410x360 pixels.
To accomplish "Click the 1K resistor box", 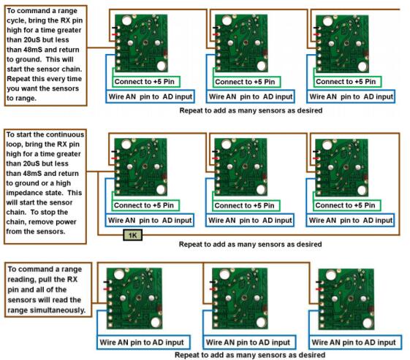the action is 132,235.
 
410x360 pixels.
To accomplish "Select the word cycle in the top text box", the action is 16,20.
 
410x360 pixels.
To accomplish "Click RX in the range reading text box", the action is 72,280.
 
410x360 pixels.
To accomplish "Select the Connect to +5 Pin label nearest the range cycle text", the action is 146,82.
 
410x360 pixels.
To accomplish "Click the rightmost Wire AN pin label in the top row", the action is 351,96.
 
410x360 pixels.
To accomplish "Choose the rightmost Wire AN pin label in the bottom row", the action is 355,342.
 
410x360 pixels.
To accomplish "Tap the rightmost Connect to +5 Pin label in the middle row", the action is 346,205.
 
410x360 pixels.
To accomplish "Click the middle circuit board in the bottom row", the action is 240,299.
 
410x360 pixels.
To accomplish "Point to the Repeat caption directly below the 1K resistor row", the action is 250,245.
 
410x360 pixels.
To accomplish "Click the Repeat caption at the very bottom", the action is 250,355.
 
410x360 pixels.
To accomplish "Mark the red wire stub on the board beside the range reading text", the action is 107,289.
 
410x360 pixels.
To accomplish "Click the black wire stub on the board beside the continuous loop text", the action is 114,151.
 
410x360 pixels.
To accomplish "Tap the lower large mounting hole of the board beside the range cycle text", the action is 162,66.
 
